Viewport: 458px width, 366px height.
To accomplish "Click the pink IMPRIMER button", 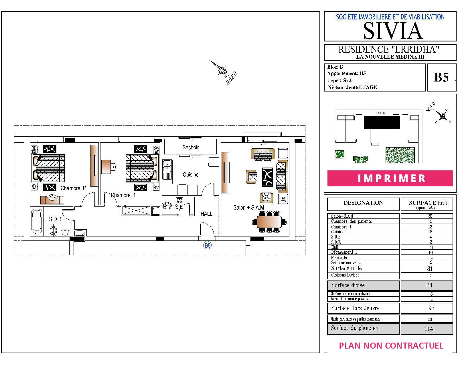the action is pyautogui.click(x=390, y=178).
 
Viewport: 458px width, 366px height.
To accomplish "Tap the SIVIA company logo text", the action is pyautogui.click(x=393, y=31).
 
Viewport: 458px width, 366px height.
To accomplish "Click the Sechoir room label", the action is pyautogui.click(x=190, y=147).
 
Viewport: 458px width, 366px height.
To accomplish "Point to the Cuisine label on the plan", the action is pyautogui.click(x=191, y=174).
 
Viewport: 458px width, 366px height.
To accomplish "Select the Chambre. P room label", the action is pyautogui.click(x=73, y=188).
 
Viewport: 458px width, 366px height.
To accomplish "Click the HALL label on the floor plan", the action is pyautogui.click(x=206, y=214).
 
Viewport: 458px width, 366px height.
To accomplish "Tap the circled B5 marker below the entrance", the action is pyautogui.click(x=208, y=245).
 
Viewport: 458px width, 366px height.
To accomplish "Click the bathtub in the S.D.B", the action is pyautogui.click(x=37, y=221).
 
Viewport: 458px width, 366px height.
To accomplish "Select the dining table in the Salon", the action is pyautogui.click(x=269, y=222).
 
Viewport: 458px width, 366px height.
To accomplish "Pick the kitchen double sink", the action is pyautogui.click(x=167, y=166).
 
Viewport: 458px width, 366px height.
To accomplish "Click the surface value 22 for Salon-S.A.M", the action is pyautogui.click(x=430, y=216).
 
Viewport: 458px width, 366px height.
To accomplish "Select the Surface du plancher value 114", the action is pyautogui.click(x=429, y=329).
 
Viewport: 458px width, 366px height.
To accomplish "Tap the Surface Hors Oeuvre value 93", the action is pyautogui.click(x=431, y=308).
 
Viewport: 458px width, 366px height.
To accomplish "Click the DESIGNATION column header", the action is pyautogui.click(x=363, y=203).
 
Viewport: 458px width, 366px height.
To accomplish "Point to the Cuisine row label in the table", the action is pyautogui.click(x=337, y=232).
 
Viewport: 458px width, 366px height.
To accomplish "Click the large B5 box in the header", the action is pyautogui.click(x=441, y=77).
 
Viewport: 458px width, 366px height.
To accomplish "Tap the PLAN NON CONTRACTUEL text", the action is pyautogui.click(x=391, y=346).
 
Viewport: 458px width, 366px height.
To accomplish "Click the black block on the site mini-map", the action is pyautogui.click(x=382, y=122).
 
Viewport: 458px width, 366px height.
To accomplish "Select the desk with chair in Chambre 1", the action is pyautogui.click(x=108, y=166).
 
